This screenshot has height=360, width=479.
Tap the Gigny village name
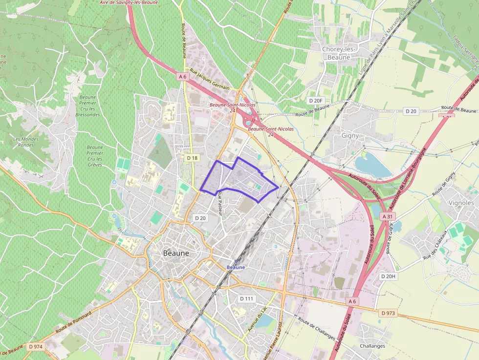pos(350,136)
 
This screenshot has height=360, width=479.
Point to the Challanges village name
pos(372,346)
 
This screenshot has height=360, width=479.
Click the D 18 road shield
pos(192,158)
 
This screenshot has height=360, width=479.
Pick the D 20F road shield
pos(316,101)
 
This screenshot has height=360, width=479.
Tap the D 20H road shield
pos(388,276)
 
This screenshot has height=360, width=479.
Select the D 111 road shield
pos(247,298)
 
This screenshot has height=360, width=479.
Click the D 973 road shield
pos(388,313)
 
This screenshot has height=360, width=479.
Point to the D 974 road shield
pos(36,346)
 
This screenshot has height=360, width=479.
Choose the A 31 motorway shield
pos(388,216)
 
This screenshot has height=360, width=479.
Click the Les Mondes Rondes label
pos(26,142)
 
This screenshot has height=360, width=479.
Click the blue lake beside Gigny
pos(372,166)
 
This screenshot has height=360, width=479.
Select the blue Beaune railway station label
pos(236,267)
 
